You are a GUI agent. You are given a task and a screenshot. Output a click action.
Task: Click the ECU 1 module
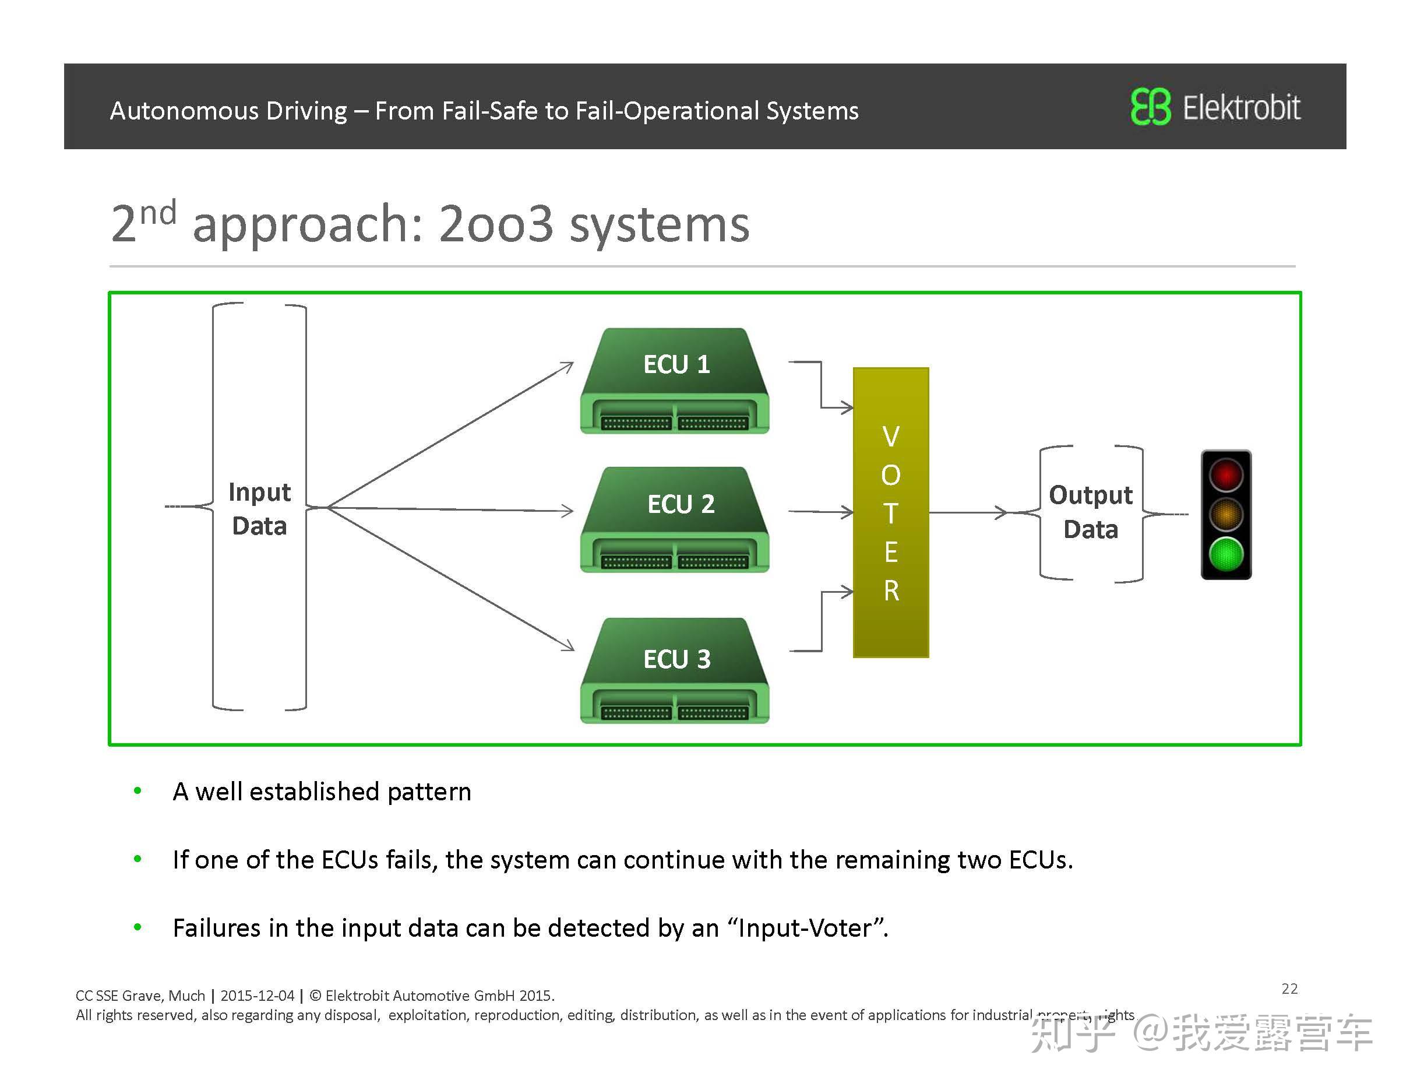pyautogui.click(x=675, y=381)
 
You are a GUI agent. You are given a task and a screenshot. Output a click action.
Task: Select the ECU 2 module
pyautogui.click(x=675, y=520)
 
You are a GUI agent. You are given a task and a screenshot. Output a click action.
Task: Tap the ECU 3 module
pyautogui.click(x=675, y=671)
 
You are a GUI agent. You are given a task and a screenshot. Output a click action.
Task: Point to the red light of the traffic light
pyautogui.click(x=1225, y=474)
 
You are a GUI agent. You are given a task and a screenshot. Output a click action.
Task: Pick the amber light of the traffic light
pyautogui.click(x=1225, y=515)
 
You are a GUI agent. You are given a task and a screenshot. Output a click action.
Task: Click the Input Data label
pyautogui.click(x=259, y=509)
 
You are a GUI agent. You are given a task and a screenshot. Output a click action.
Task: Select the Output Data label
pyautogui.click(x=1091, y=512)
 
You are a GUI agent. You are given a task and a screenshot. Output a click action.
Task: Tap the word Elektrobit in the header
pyautogui.click(x=1241, y=107)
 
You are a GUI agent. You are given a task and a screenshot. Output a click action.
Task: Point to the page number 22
pyautogui.click(x=1289, y=989)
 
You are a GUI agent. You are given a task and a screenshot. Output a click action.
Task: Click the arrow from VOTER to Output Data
pyautogui.click(x=968, y=513)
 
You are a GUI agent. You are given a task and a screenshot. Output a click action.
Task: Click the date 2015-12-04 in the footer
pyautogui.click(x=257, y=995)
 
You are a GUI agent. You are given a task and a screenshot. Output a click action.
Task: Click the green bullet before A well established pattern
pyautogui.click(x=138, y=790)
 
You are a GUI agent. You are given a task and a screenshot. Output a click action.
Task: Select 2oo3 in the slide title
pyautogui.click(x=496, y=224)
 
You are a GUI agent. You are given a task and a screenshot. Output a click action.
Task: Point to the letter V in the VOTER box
pyautogui.click(x=891, y=437)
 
